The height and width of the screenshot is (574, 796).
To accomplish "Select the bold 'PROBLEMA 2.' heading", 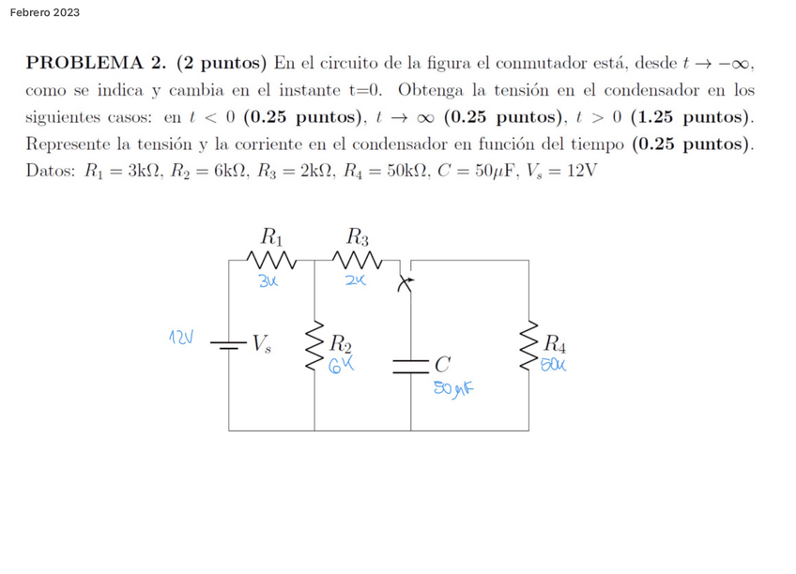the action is point(97,64).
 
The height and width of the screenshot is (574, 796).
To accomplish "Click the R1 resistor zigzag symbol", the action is point(269,258).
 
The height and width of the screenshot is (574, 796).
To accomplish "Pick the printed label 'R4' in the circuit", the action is point(557,342).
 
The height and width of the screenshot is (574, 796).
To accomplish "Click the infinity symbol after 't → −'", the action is point(743,64).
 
